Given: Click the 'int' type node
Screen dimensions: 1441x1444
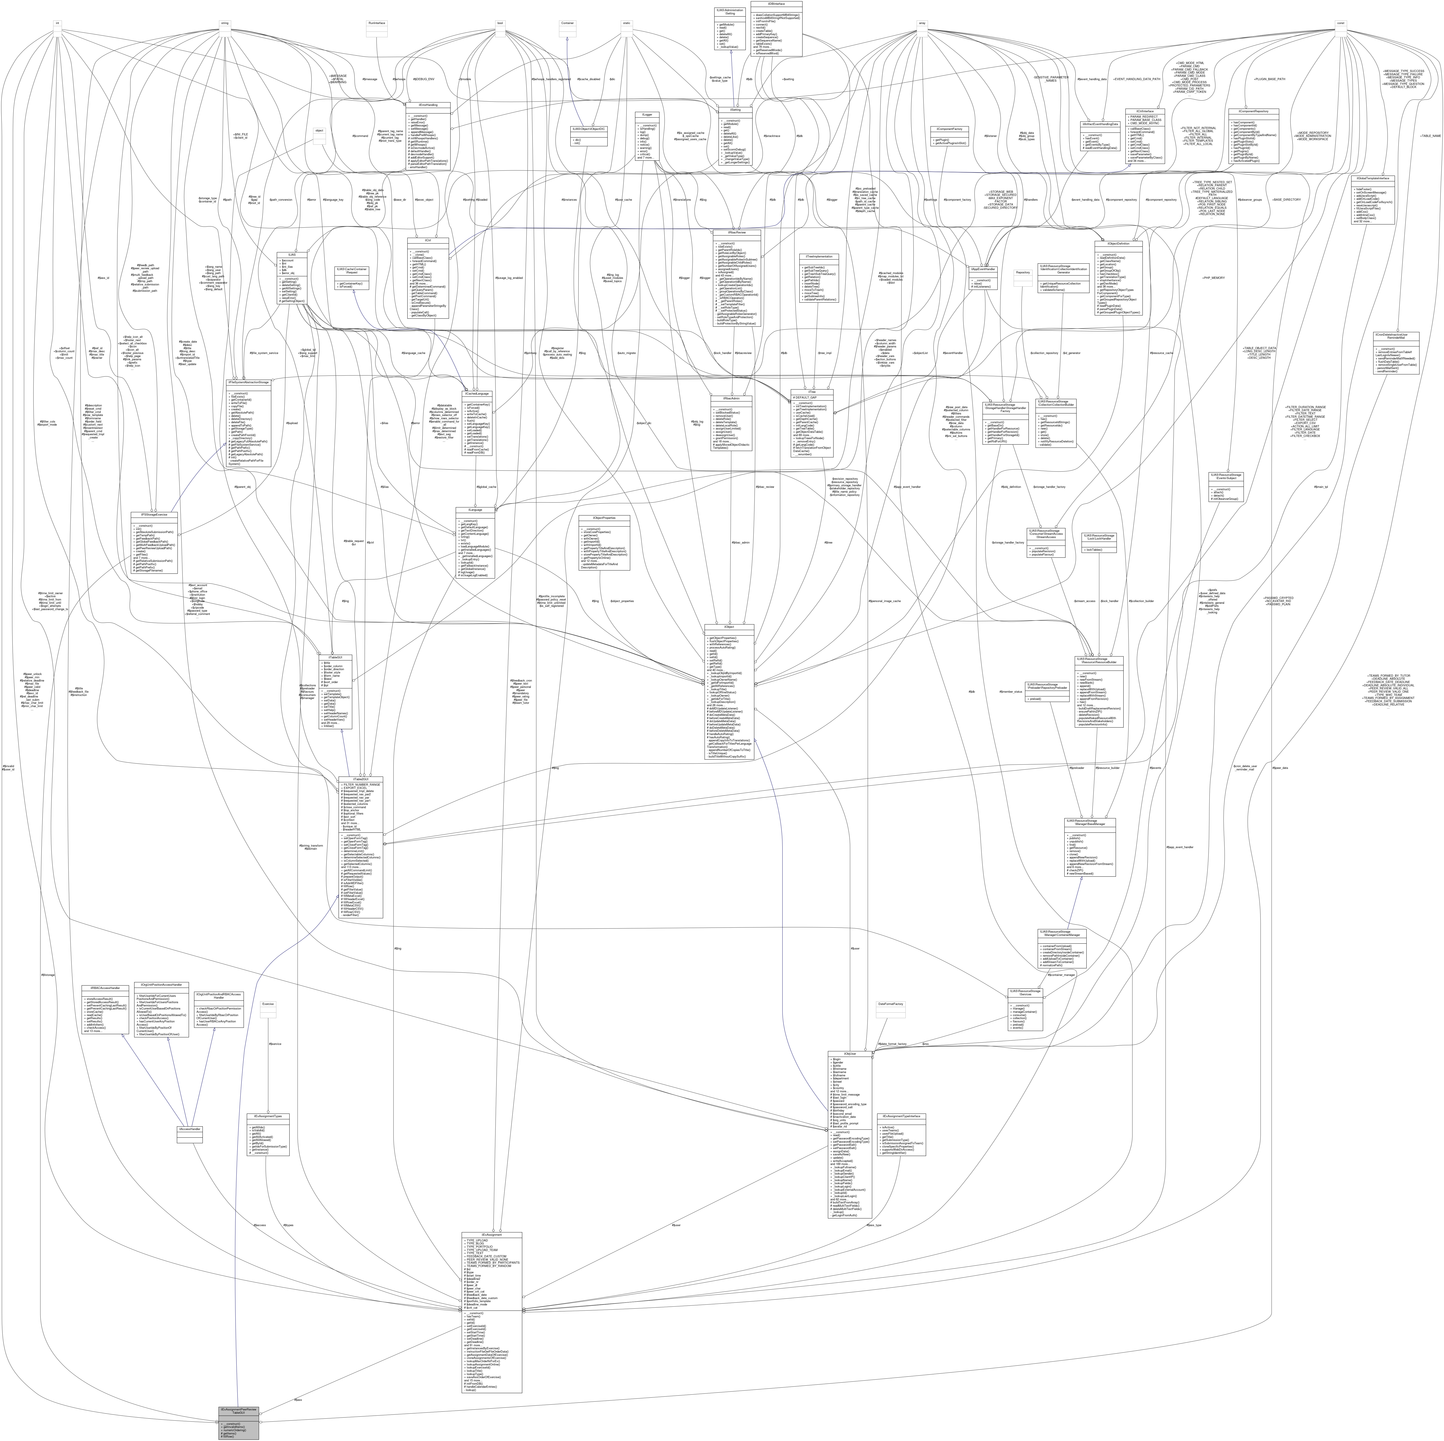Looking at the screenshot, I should pyautogui.click(x=56, y=23).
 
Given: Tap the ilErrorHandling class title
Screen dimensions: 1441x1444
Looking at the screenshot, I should pyautogui.click(x=427, y=105).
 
